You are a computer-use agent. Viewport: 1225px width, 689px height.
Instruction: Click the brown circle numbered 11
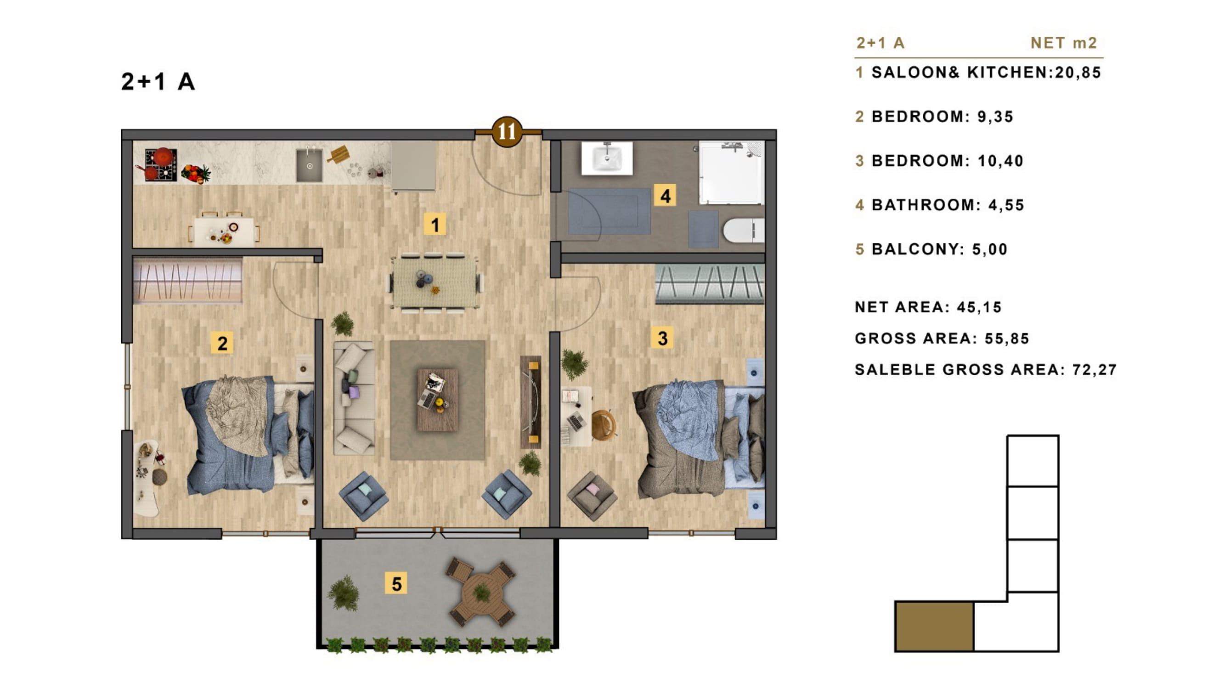507,131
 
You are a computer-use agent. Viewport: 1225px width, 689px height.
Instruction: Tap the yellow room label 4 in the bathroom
665,195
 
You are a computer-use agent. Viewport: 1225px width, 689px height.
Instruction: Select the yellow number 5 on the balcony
396,583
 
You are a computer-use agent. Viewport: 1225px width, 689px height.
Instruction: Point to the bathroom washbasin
607,158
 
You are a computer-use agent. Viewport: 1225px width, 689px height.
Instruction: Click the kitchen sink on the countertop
309,165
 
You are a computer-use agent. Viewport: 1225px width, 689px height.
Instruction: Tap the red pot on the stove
163,157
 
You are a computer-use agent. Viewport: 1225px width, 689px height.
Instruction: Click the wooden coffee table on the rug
437,400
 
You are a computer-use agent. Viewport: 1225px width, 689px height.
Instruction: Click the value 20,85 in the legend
1078,73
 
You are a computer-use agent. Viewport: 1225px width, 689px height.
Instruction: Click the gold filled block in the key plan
934,626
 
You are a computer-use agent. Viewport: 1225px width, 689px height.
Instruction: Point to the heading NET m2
1064,43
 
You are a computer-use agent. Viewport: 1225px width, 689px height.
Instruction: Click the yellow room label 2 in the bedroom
222,343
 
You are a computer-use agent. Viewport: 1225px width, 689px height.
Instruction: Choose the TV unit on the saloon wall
531,402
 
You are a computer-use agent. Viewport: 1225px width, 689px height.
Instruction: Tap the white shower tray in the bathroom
731,173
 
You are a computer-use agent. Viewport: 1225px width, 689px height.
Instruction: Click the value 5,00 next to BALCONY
990,249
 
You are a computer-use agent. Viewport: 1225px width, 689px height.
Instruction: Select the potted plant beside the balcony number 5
344,593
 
